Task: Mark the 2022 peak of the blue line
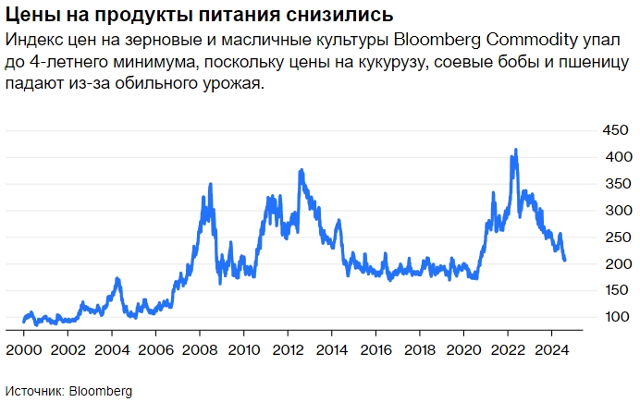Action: [515, 150]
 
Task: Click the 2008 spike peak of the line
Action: [211, 184]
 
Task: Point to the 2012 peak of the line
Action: [301, 170]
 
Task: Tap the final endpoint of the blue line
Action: [565, 260]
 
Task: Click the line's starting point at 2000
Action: [23, 322]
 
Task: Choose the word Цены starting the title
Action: [31, 17]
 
